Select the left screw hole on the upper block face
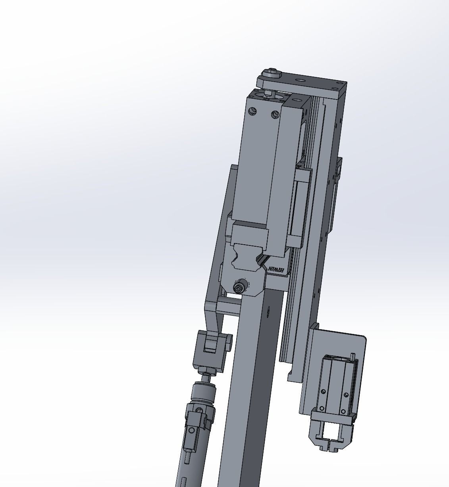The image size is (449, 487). pyautogui.click(x=251, y=111)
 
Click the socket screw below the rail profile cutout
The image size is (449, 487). pyautogui.click(x=239, y=287)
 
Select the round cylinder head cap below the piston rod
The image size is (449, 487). pyautogui.click(x=203, y=393)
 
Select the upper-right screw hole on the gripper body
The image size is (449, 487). pyautogui.click(x=346, y=395)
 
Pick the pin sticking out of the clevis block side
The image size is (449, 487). pyautogui.click(x=229, y=341)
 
